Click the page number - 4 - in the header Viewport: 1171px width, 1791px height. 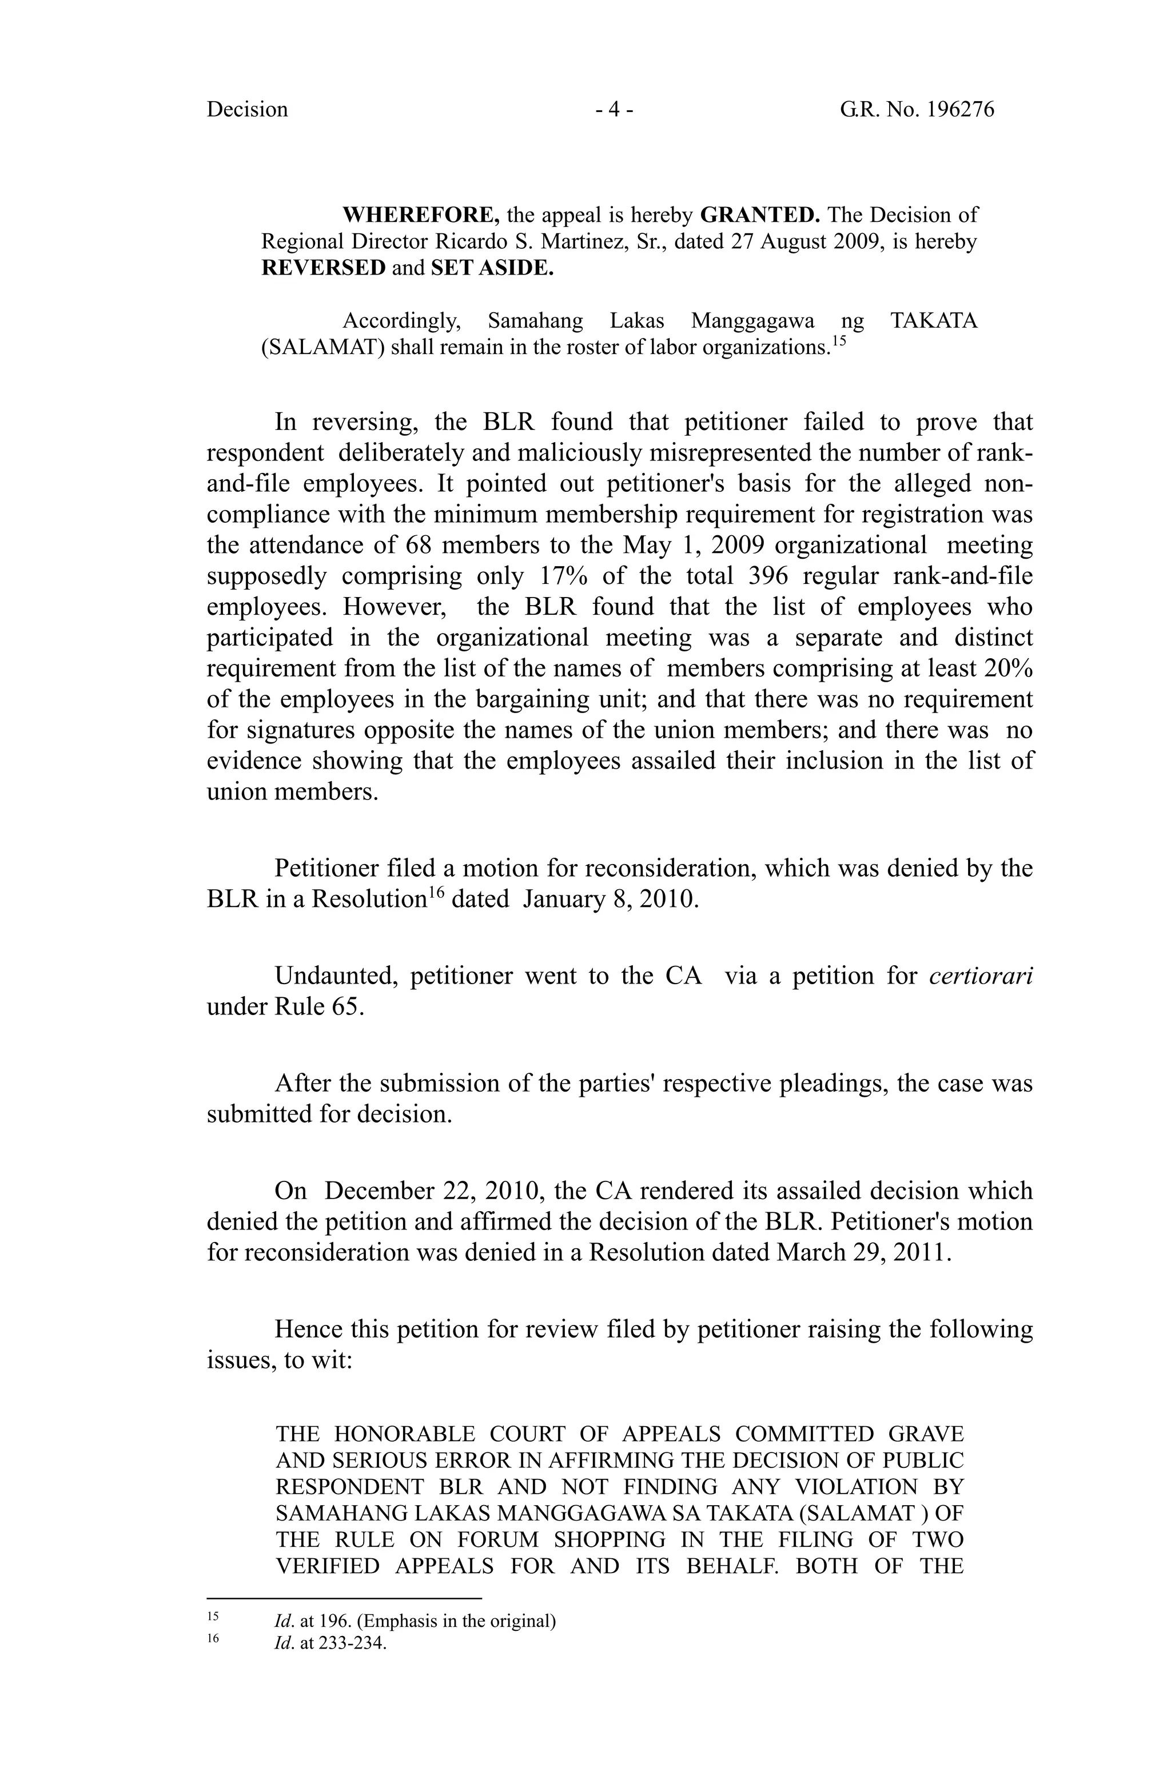click(x=614, y=110)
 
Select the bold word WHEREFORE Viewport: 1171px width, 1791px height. click(x=421, y=215)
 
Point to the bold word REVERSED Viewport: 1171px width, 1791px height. click(x=323, y=268)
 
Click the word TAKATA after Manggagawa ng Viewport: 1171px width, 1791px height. click(x=933, y=321)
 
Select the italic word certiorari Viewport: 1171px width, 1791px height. click(x=981, y=976)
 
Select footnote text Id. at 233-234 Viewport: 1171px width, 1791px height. click(x=330, y=1643)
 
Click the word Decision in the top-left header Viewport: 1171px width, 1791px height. click(x=247, y=110)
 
